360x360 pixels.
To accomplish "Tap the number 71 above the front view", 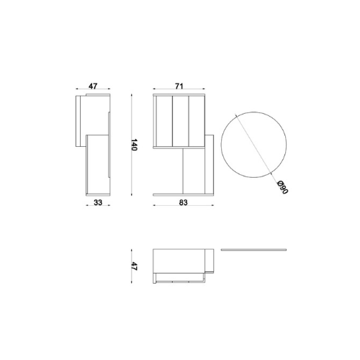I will click(x=179, y=86).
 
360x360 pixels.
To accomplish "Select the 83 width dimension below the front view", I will click(x=184, y=202).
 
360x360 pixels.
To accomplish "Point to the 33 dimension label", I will click(x=97, y=202).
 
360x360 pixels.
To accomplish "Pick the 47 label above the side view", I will click(x=93, y=86).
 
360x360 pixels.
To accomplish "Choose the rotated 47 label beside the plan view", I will click(x=133, y=266).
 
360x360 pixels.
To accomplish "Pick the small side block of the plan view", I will click(x=208, y=261).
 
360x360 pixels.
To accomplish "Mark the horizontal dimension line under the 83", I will click(x=184, y=209).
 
